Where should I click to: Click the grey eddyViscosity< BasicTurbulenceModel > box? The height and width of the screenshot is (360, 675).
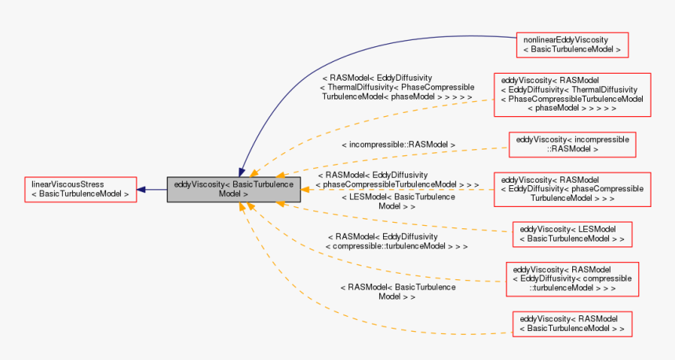[x=233, y=189]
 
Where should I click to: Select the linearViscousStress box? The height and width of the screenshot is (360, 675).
[x=80, y=189]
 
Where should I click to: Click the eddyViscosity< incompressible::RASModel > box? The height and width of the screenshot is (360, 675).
[x=572, y=144]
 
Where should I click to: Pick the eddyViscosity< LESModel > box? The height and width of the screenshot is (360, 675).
[x=572, y=234]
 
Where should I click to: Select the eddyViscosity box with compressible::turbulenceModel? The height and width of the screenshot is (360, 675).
[x=572, y=279]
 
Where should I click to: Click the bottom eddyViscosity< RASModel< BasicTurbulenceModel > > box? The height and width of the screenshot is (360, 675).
[x=572, y=324]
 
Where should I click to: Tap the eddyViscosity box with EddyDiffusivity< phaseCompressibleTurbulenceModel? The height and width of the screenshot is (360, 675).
[x=571, y=189]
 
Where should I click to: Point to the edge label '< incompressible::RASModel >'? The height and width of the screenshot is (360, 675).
[x=398, y=145]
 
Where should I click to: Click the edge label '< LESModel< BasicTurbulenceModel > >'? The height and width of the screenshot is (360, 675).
[x=397, y=202]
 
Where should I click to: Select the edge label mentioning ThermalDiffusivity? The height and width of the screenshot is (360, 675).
[x=397, y=87]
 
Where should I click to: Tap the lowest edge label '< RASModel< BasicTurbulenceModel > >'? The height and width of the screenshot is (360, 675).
[x=397, y=292]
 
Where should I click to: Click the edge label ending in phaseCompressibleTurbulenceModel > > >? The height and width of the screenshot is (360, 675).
[x=397, y=180]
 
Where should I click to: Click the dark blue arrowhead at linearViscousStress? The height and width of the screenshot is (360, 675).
[x=141, y=189]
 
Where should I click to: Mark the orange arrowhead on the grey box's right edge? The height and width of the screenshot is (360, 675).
[x=305, y=189]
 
